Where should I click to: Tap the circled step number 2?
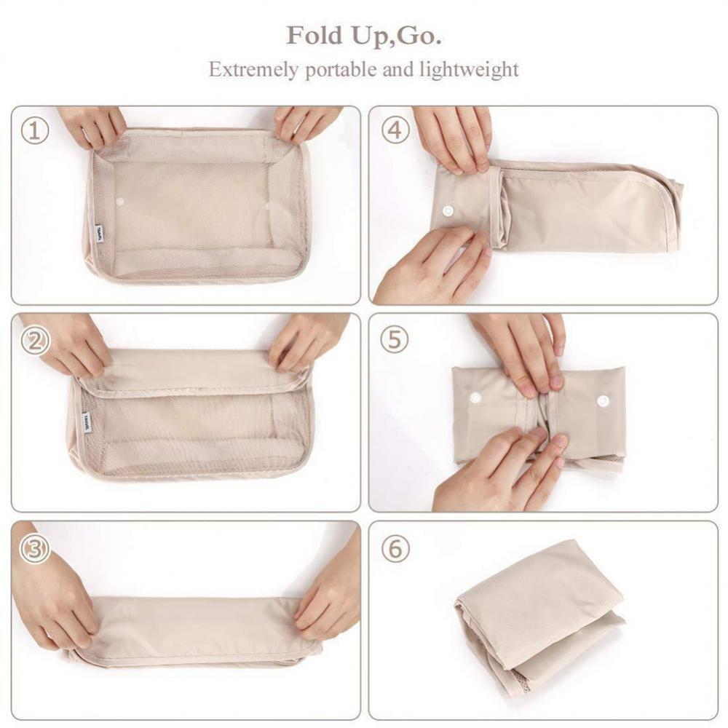click(x=34, y=341)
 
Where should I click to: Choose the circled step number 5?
click(x=395, y=340)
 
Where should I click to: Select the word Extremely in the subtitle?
click(x=253, y=70)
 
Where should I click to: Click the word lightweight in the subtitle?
click(x=469, y=70)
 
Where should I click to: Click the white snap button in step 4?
click(x=447, y=210)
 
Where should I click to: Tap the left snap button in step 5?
click(x=476, y=397)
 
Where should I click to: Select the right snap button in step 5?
click(x=603, y=400)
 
